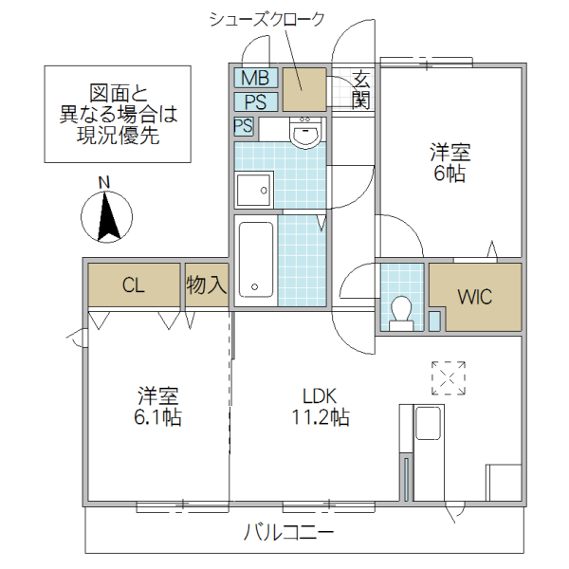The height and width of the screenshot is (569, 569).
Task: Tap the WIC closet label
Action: coord(475,297)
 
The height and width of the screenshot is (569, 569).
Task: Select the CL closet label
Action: coord(134,285)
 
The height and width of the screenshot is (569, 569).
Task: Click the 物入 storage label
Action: coord(206,285)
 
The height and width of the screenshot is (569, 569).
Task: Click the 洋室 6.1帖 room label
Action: coord(158,407)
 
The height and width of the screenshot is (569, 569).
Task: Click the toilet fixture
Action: coord(401,311)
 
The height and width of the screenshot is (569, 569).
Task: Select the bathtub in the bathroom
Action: coord(256,259)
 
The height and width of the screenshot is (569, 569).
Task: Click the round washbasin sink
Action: coord(305,136)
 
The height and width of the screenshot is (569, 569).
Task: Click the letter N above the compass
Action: coord(105,182)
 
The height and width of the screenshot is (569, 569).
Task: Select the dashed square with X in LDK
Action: coord(449,376)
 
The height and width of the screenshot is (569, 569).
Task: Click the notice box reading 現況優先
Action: coord(119,115)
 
